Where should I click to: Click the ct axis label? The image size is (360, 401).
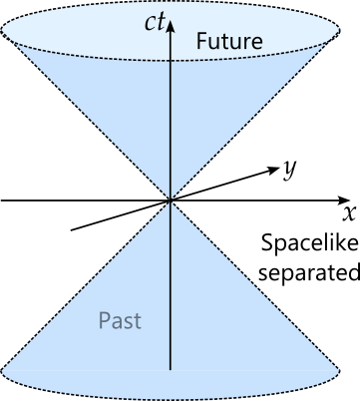point(155,18)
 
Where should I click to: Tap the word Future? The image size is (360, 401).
point(228,42)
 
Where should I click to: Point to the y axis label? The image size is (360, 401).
point(288,169)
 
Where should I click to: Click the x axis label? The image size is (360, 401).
point(349,213)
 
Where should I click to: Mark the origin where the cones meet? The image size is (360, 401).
point(172,200)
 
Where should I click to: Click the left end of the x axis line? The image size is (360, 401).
point(1,200)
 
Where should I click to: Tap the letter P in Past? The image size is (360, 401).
point(104,321)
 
